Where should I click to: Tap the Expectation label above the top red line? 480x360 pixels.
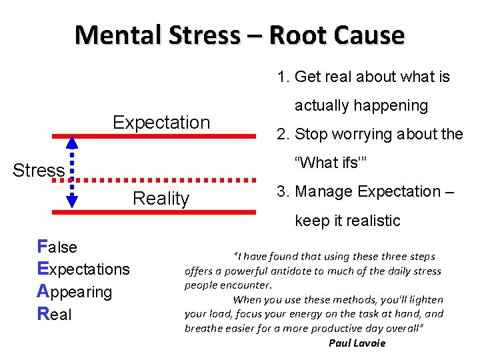(161, 123)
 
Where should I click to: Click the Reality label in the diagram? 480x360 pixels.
(161, 199)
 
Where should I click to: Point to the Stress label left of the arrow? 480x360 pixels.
(39, 171)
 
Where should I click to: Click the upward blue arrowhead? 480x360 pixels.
(72, 141)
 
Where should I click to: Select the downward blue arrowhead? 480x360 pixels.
(72, 201)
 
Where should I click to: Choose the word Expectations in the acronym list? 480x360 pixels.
(83, 269)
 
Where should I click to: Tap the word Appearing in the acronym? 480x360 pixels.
(75, 292)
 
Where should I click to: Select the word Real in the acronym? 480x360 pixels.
(55, 315)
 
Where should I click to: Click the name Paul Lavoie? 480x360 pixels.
(357, 343)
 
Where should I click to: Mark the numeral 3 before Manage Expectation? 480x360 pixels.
(281, 192)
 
